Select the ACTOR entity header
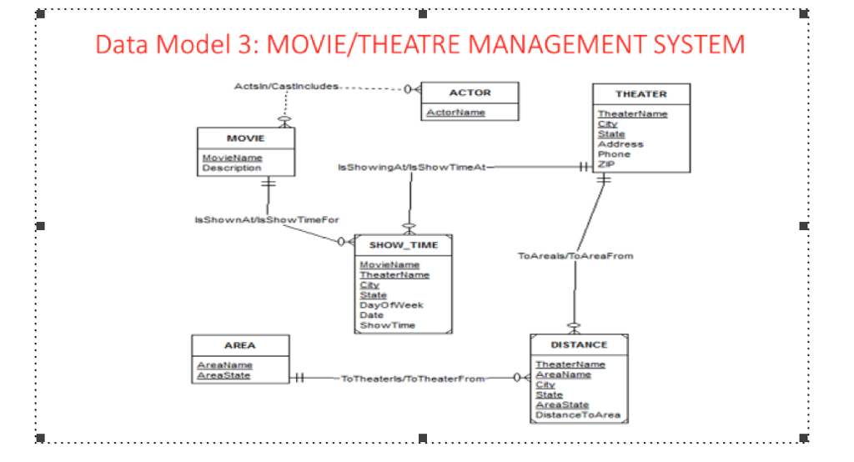click(470, 93)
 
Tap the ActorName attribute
click(455, 113)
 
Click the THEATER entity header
click(640, 94)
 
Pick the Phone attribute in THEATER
click(614, 154)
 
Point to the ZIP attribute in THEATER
click(606, 164)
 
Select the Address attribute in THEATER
click(620, 144)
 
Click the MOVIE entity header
click(245, 138)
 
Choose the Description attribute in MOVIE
click(231, 168)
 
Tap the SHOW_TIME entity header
click(404, 245)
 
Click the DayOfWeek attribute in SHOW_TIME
click(391, 305)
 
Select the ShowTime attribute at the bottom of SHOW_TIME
click(387, 325)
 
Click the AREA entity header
click(240, 345)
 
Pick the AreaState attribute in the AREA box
click(224, 375)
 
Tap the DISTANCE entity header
click(579, 344)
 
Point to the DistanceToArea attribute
click(577, 414)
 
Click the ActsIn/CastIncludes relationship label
click(286, 87)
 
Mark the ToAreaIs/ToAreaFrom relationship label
click(575, 256)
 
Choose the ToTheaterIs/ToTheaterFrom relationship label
click(412, 379)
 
